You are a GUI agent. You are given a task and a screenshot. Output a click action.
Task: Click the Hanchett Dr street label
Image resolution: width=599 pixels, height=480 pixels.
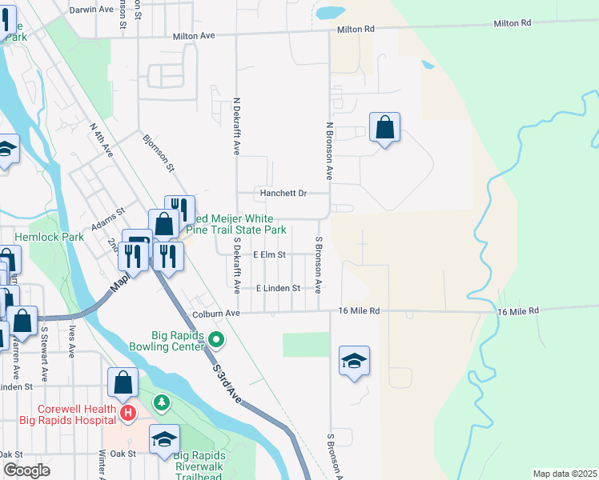tap(283, 193)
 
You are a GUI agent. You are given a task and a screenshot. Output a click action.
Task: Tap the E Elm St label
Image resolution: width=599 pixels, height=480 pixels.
tap(269, 254)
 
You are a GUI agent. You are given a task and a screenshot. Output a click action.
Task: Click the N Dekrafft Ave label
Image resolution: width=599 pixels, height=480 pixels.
tap(236, 127)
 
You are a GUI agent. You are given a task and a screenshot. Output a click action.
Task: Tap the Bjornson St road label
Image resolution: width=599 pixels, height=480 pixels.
tap(158, 152)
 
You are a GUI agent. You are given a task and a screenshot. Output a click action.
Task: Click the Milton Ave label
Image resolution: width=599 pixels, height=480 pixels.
tap(195, 36)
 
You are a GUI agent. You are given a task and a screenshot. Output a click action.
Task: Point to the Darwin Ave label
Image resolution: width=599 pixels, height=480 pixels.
tap(93, 10)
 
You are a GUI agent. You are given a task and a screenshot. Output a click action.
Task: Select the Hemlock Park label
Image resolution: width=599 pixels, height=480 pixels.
tap(49, 237)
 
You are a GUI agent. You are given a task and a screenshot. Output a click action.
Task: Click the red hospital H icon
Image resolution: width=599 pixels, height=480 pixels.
tap(127, 413)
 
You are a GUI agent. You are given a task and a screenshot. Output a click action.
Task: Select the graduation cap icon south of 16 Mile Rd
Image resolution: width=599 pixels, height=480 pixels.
tap(354, 361)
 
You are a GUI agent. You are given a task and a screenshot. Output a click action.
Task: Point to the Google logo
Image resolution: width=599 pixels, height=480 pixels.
tap(27, 470)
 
